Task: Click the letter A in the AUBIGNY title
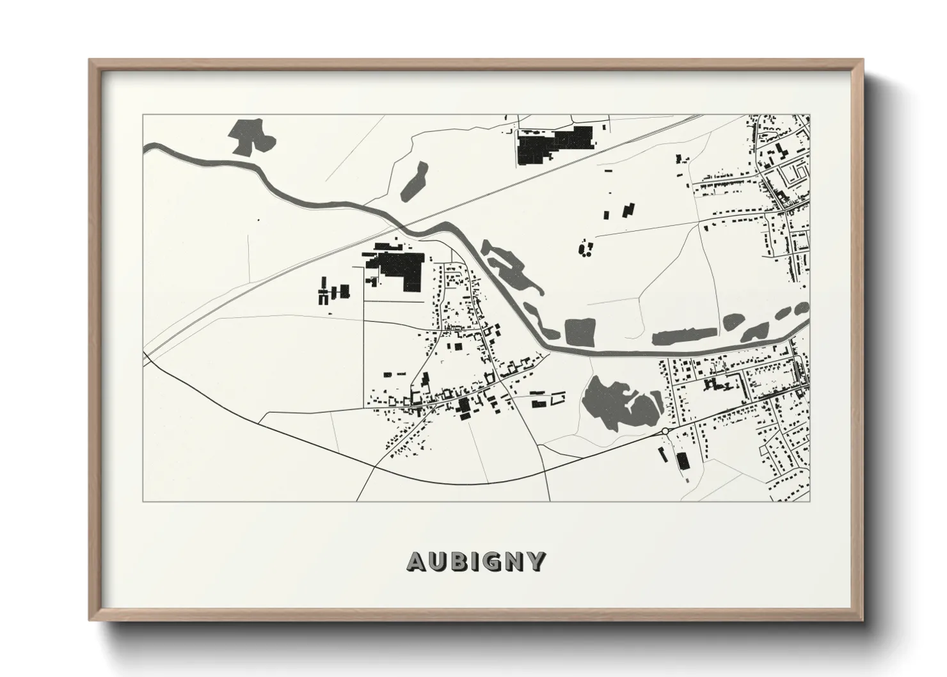(x=416, y=562)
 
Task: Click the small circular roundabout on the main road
(x=665, y=432)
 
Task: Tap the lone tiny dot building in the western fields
(x=259, y=220)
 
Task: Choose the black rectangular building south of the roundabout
(x=682, y=461)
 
